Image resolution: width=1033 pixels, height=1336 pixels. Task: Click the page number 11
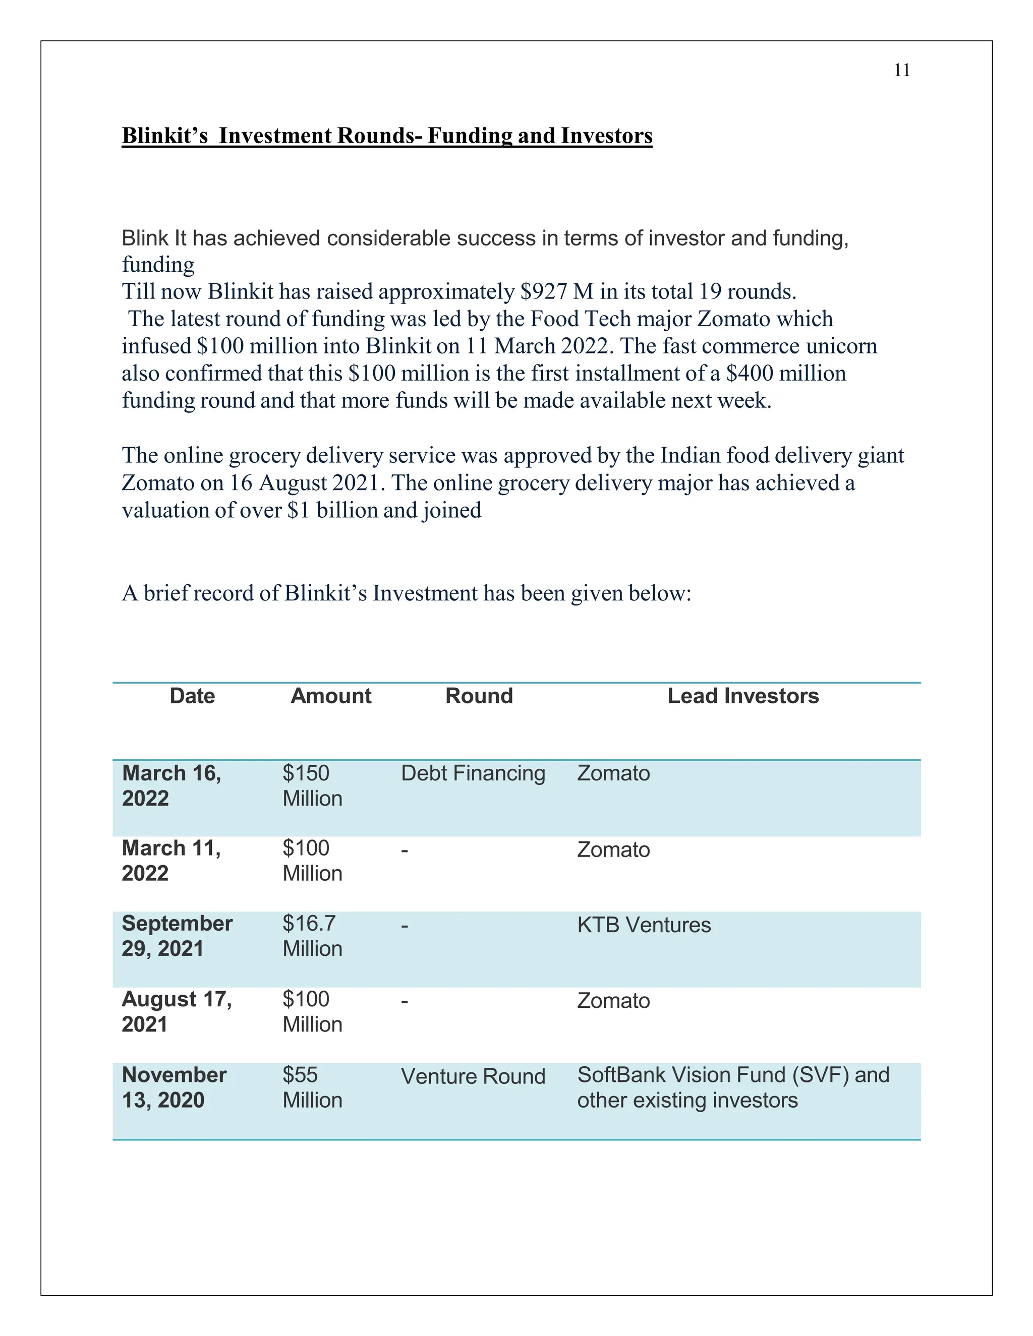click(x=901, y=71)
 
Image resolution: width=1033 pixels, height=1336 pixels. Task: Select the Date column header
click(x=192, y=696)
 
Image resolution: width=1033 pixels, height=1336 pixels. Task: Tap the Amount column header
click(x=330, y=696)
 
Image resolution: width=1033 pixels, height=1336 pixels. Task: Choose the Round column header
click(x=479, y=696)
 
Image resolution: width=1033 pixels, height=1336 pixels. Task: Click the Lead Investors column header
click(x=742, y=696)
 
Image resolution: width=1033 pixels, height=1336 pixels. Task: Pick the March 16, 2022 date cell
click(x=171, y=785)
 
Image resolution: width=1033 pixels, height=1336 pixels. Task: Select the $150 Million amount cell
click(x=312, y=785)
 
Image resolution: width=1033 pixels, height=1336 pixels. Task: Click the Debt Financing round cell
click(x=473, y=773)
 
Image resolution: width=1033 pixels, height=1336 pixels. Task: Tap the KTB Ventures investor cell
click(x=643, y=925)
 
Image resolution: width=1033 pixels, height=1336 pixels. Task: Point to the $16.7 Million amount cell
click(x=312, y=936)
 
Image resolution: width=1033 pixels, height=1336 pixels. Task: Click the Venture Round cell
click(x=473, y=1076)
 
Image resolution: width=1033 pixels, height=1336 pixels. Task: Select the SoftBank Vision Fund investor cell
click(x=732, y=1087)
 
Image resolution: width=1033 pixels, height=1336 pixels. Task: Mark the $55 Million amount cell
click(x=312, y=1087)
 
